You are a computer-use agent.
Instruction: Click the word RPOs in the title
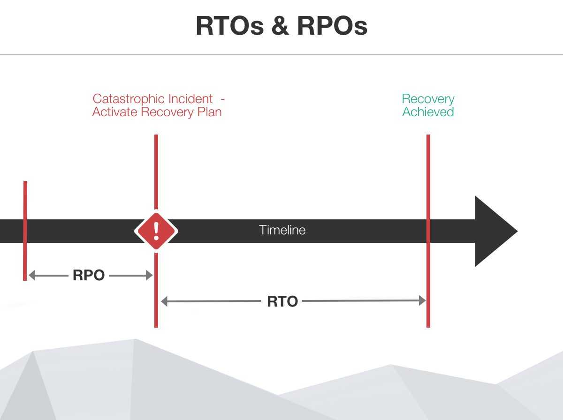pyautogui.click(x=332, y=26)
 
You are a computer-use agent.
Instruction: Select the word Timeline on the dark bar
pyautogui.click(x=282, y=230)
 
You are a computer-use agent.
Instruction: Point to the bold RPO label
pyautogui.click(x=89, y=275)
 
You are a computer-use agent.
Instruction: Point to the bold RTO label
pyautogui.click(x=282, y=301)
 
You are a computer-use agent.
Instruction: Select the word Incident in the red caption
pyautogui.click(x=193, y=99)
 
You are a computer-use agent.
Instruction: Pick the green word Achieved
pyautogui.click(x=428, y=112)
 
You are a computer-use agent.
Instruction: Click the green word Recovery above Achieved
pyautogui.click(x=428, y=99)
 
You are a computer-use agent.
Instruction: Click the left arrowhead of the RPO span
pyautogui.click(x=32, y=276)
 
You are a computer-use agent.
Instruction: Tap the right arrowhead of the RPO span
pyautogui.click(x=150, y=276)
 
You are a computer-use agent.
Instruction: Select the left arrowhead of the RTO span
pyautogui.click(x=164, y=301)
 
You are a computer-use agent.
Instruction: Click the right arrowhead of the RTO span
pyautogui.click(x=422, y=301)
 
